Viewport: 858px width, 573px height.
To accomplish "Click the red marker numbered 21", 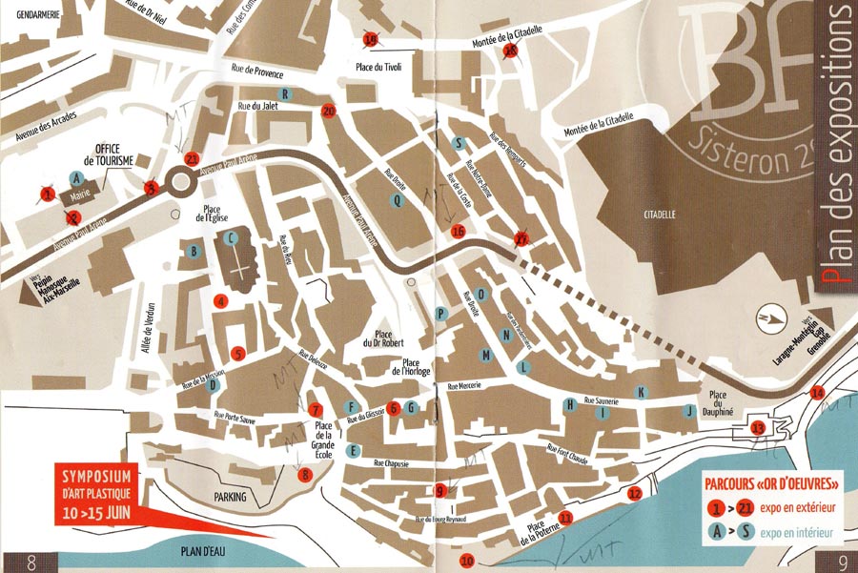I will (193, 159).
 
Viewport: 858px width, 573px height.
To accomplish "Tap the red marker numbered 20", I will (330, 111).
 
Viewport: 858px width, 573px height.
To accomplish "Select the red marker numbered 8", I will (305, 474).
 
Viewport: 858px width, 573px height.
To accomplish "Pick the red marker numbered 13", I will (758, 427).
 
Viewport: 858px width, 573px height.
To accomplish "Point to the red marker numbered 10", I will (467, 560).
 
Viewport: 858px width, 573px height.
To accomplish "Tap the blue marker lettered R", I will (284, 92).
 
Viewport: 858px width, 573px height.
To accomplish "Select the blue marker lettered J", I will (687, 411).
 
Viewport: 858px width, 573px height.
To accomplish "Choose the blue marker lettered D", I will (214, 386).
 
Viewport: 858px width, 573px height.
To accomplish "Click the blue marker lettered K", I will (642, 392).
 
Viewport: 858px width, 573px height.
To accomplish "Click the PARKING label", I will (230, 497).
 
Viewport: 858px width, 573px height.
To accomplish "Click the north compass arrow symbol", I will (766, 318).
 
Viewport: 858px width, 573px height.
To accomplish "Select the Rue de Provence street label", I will (258, 71).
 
